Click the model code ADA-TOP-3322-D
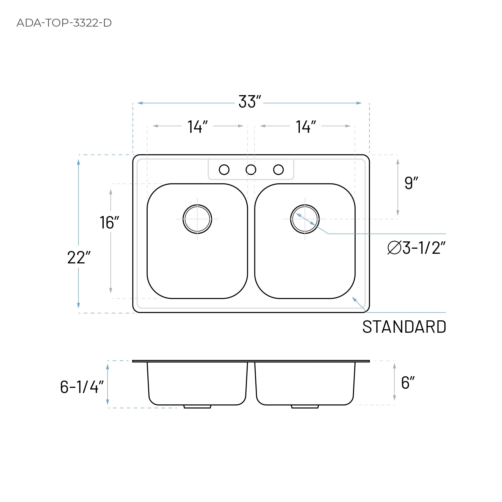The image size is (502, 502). tap(64, 23)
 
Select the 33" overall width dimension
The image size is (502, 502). tap(249, 102)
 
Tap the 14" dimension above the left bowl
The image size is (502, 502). tap(197, 127)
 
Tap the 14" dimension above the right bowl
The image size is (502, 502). tap(306, 127)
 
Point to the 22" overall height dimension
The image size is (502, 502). tap(78, 258)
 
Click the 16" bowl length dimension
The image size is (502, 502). tap(109, 222)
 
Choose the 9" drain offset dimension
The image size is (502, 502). tap(411, 183)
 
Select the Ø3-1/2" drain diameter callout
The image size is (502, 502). tap(416, 248)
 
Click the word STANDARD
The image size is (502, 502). tap(404, 327)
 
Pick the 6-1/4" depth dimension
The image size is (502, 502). tap(81, 387)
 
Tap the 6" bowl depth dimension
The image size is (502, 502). tap(407, 383)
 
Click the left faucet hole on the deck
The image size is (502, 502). tap(224, 170)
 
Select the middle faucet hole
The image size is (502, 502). tap(251, 170)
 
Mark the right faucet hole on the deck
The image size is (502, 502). tap(278, 170)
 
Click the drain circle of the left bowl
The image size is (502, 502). tap(197, 219)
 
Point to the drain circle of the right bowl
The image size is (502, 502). tap(305, 219)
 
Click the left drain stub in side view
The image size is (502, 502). tap(197, 407)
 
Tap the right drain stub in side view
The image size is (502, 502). tap(305, 407)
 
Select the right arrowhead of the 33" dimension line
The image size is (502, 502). tap(359, 103)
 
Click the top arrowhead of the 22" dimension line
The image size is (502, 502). tap(78, 162)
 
